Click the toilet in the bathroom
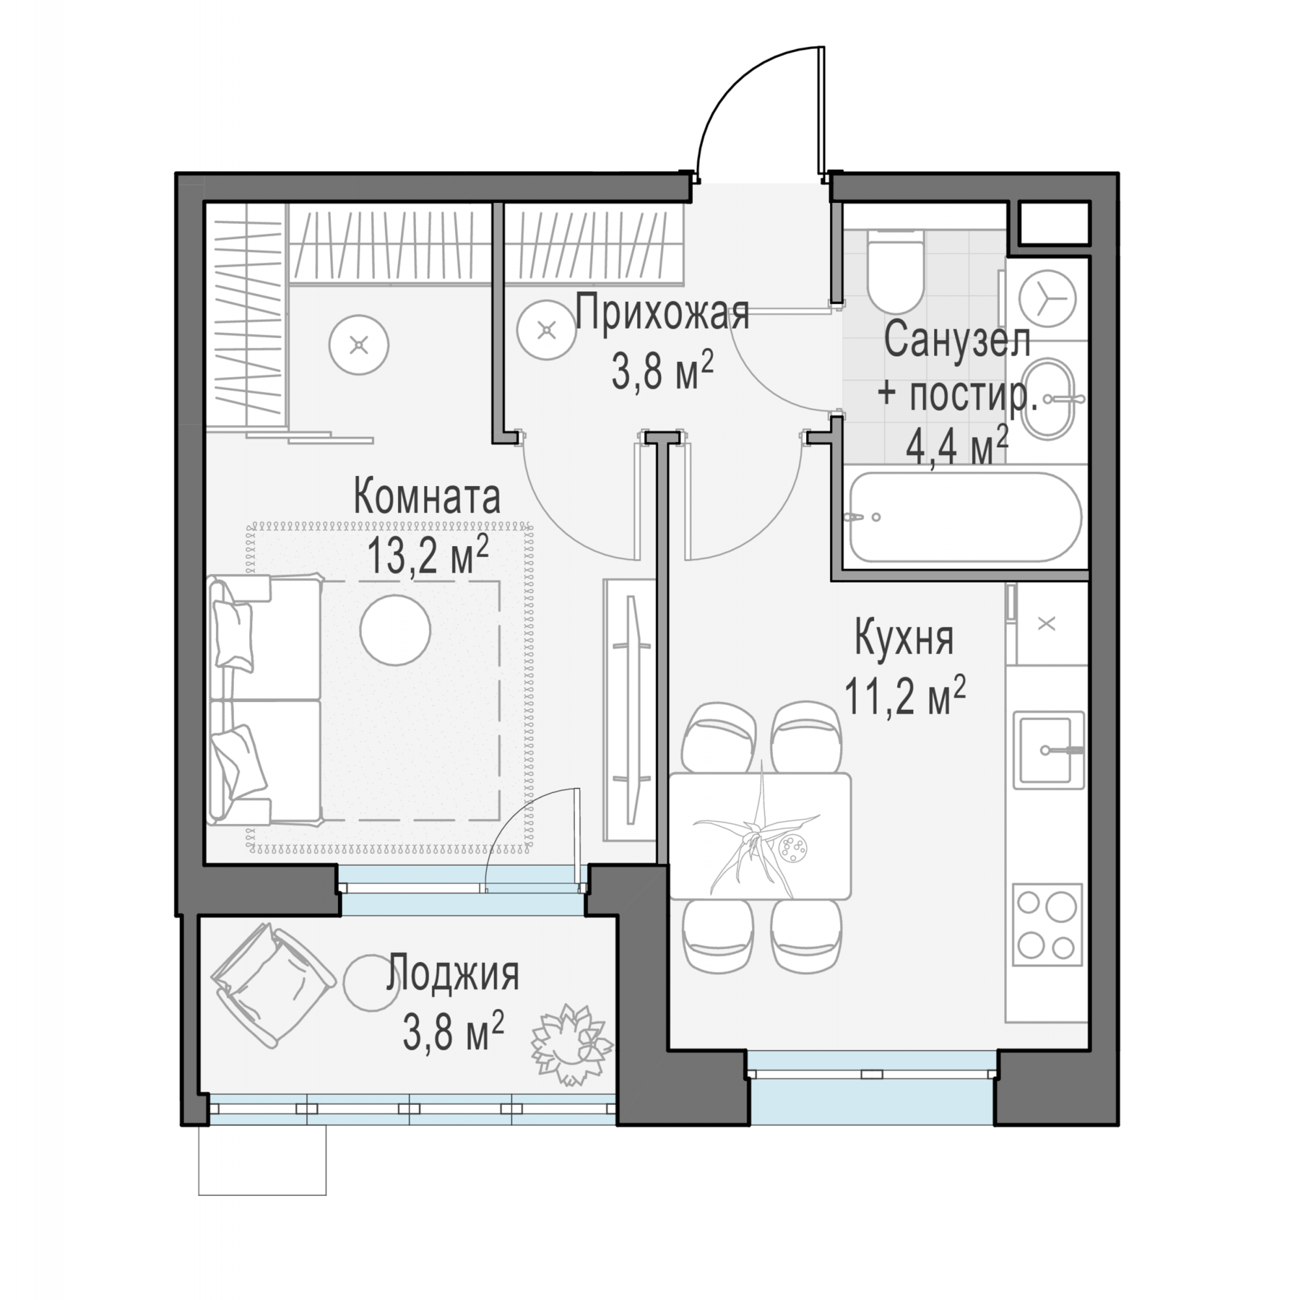tap(895, 272)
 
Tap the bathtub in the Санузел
tap(965, 517)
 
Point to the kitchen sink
tap(1049, 749)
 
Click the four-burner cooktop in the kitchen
tap(1046, 924)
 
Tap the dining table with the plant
tap(760, 837)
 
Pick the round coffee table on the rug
tap(395, 630)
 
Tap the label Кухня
tap(904, 638)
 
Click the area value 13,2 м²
tap(427, 556)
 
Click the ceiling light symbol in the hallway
tap(547, 330)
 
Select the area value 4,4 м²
tap(957, 445)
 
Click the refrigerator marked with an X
tap(1047, 624)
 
